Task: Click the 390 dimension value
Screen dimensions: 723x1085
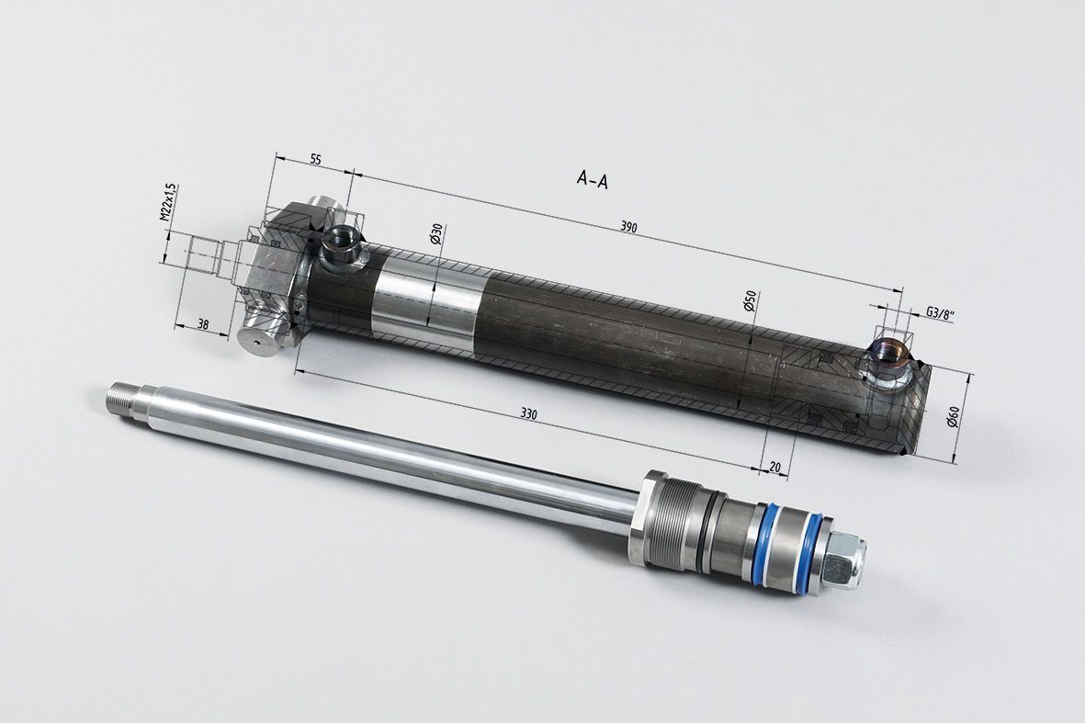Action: coord(628,227)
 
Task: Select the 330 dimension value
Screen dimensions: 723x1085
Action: coord(528,414)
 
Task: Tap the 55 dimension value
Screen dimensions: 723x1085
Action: coord(315,159)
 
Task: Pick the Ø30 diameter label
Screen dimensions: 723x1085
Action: coord(437,233)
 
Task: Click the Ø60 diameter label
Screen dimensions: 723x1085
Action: coord(953,418)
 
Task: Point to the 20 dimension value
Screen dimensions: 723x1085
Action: coord(774,467)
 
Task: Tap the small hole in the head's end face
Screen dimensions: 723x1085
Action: coord(256,343)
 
